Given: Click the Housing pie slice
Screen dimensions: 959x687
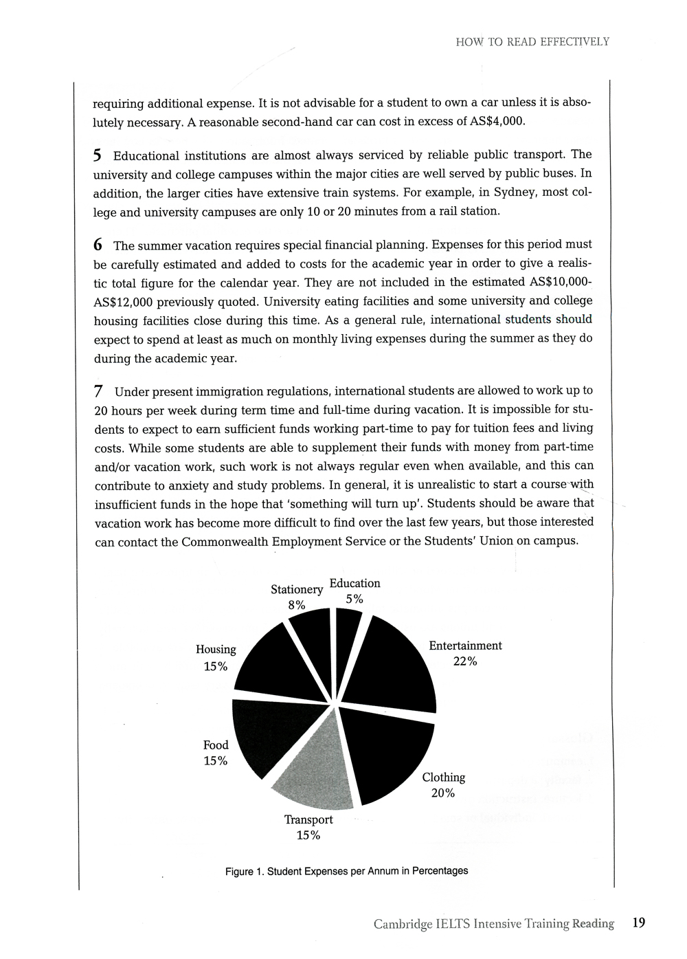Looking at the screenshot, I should click(275, 667).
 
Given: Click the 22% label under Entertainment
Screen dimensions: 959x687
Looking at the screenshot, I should click(465, 661).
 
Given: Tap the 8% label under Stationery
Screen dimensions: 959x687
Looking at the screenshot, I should click(296, 605).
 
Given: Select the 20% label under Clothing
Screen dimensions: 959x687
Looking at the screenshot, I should click(443, 793).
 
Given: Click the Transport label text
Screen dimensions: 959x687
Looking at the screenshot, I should click(308, 819).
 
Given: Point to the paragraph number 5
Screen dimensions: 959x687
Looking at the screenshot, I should click(98, 155).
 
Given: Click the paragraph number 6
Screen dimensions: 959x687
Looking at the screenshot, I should click(98, 245).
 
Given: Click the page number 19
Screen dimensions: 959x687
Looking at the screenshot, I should click(638, 923).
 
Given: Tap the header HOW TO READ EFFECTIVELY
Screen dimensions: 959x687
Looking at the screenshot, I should click(532, 42).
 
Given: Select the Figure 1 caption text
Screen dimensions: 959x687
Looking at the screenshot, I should click(346, 871).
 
